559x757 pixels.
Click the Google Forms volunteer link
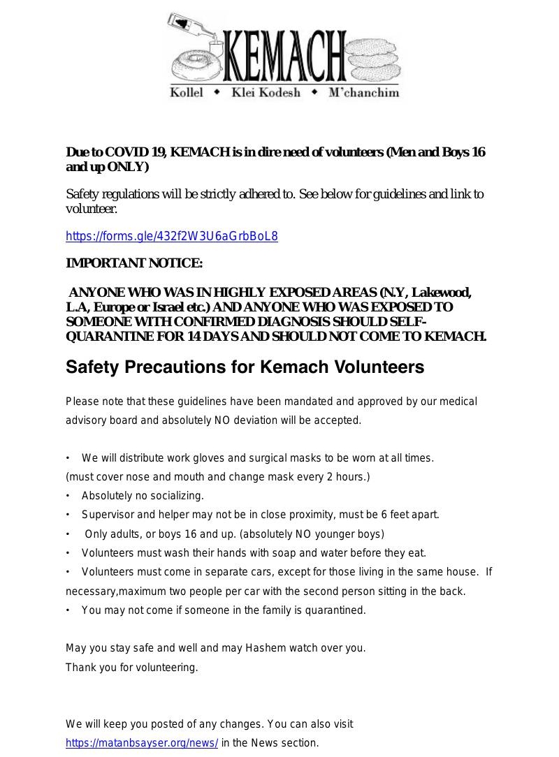click(171, 236)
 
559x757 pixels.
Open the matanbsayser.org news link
click(142, 743)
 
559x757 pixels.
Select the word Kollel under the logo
click(187, 93)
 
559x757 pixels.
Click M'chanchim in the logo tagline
click(363, 93)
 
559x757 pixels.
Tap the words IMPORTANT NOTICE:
click(134, 263)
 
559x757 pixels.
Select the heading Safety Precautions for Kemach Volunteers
click(245, 367)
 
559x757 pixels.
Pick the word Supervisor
click(108, 515)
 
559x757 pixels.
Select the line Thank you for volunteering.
click(132, 668)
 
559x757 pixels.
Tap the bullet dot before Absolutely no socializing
click(68, 496)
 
